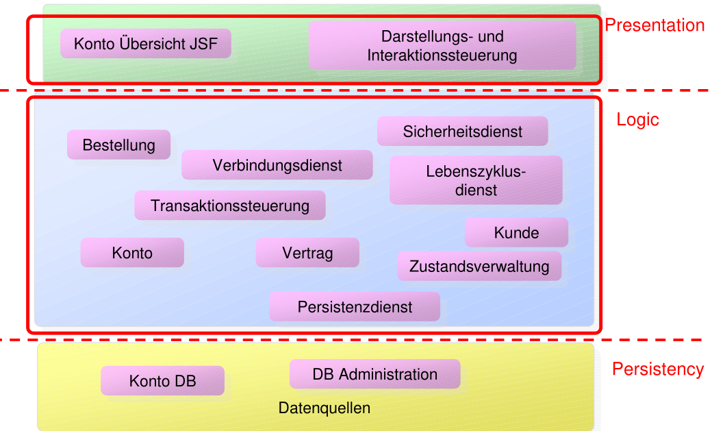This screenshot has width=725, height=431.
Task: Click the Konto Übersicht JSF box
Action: (x=145, y=44)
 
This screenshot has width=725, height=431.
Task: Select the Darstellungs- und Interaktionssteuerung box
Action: (x=442, y=45)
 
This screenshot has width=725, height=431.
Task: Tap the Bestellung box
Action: (x=118, y=145)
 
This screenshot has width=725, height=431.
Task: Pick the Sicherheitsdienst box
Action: (x=462, y=132)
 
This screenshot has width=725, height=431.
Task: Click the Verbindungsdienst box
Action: (x=277, y=165)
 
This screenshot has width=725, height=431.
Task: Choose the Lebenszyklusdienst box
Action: (x=476, y=180)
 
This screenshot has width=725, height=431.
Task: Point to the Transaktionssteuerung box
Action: (x=230, y=206)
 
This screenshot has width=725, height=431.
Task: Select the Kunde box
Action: (x=516, y=233)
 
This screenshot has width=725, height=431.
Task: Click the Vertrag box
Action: (x=307, y=253)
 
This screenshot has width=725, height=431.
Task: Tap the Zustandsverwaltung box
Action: (x=479, y=267)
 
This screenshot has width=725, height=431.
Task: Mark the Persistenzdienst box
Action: (x=355, y=307)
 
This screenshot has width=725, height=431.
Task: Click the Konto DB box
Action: (x=162, y=381)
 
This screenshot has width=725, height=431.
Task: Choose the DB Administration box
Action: (x=374, y=375)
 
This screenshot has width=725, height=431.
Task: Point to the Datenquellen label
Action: (x=325, y=408)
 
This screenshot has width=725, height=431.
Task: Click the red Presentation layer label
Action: (x=654, y=25)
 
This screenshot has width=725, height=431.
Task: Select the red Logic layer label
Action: (x=637, y=120)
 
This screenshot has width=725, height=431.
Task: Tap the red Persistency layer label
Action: (x=657, y=369)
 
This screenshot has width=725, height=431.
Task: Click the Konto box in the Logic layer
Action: (x=132, y=253)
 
